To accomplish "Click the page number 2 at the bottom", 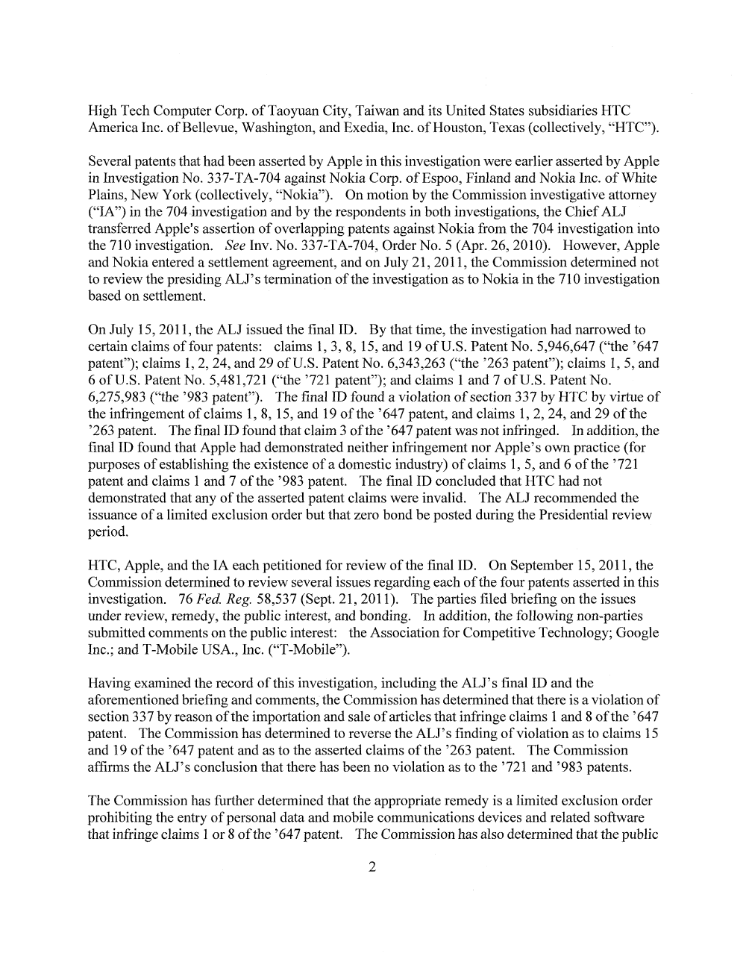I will pyautogui.click(x=372, y=866).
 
